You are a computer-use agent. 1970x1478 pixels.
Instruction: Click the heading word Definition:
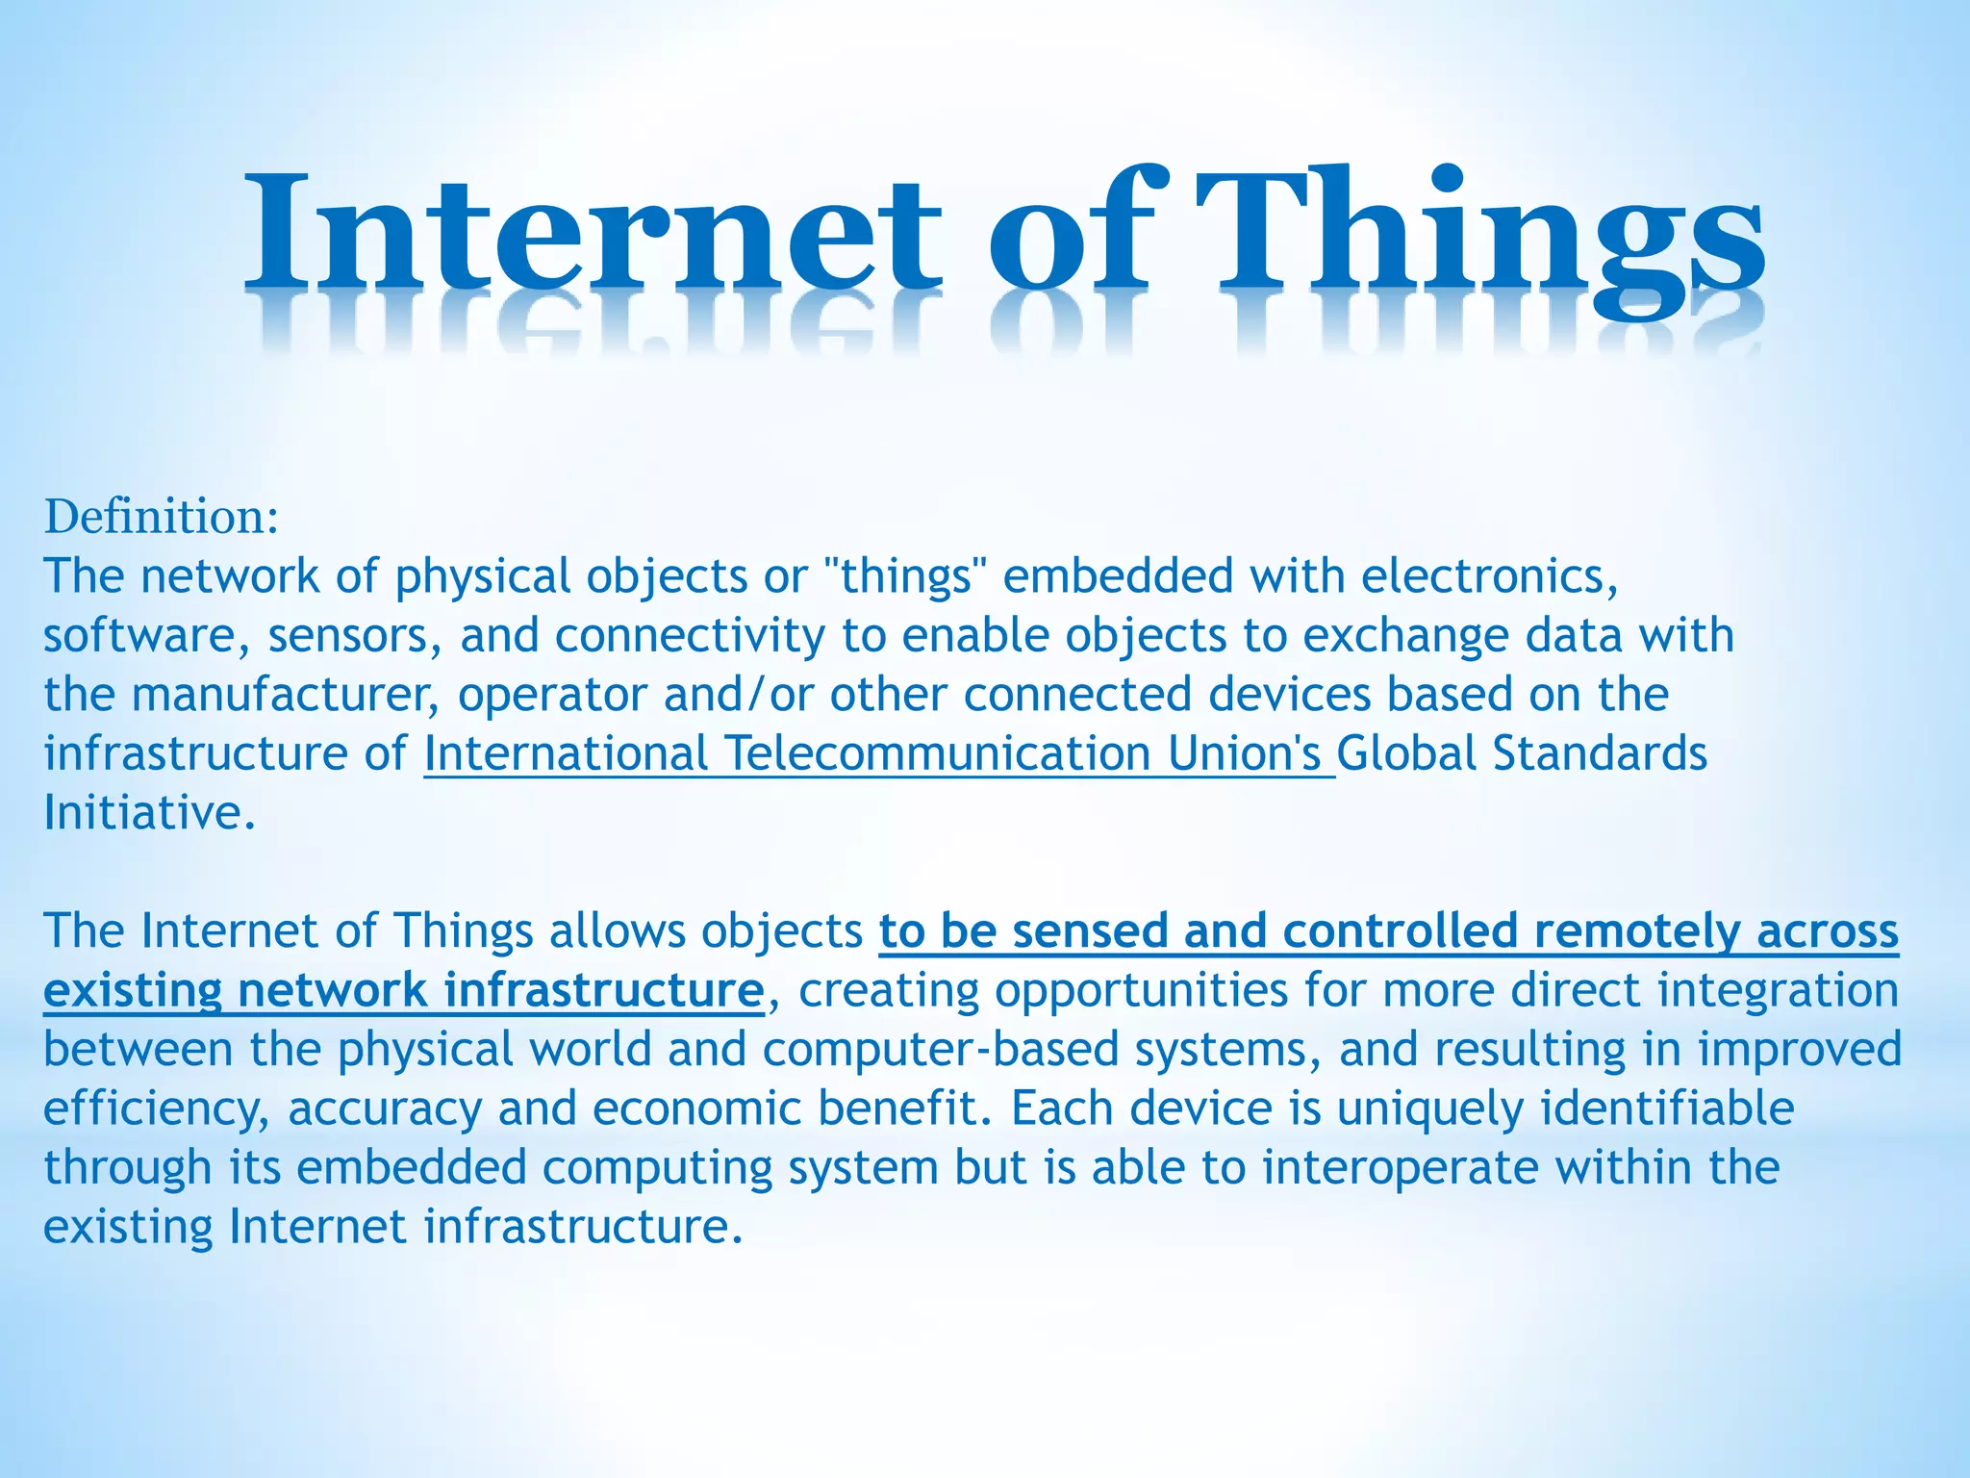pos(162,517)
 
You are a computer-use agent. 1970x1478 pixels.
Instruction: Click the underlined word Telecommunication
pos(937,753)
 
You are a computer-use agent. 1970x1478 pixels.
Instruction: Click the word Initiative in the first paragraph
pos(149,813)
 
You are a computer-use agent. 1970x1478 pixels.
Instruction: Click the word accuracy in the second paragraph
pos(385,1109)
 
